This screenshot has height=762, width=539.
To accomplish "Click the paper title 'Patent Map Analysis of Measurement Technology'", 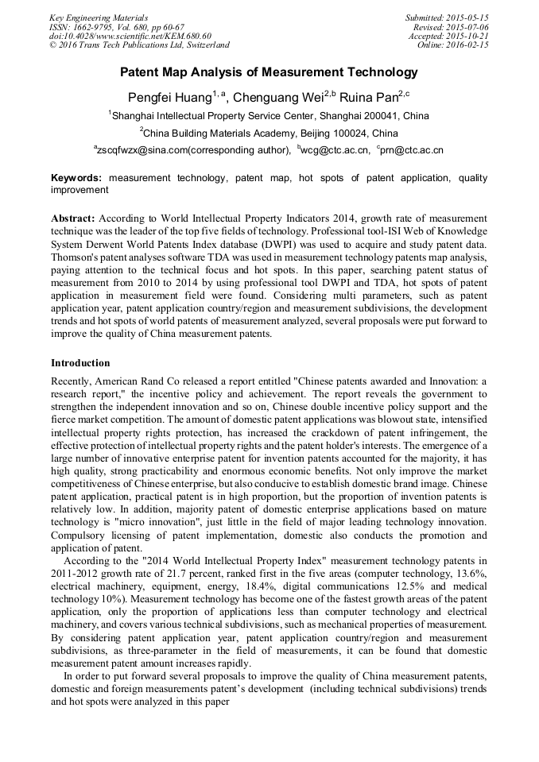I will [269, 72].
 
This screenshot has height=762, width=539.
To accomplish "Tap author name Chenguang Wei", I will [273, 97].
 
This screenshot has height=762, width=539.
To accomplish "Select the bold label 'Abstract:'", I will [73, 218].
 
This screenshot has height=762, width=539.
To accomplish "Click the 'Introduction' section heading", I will [80, 363].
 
